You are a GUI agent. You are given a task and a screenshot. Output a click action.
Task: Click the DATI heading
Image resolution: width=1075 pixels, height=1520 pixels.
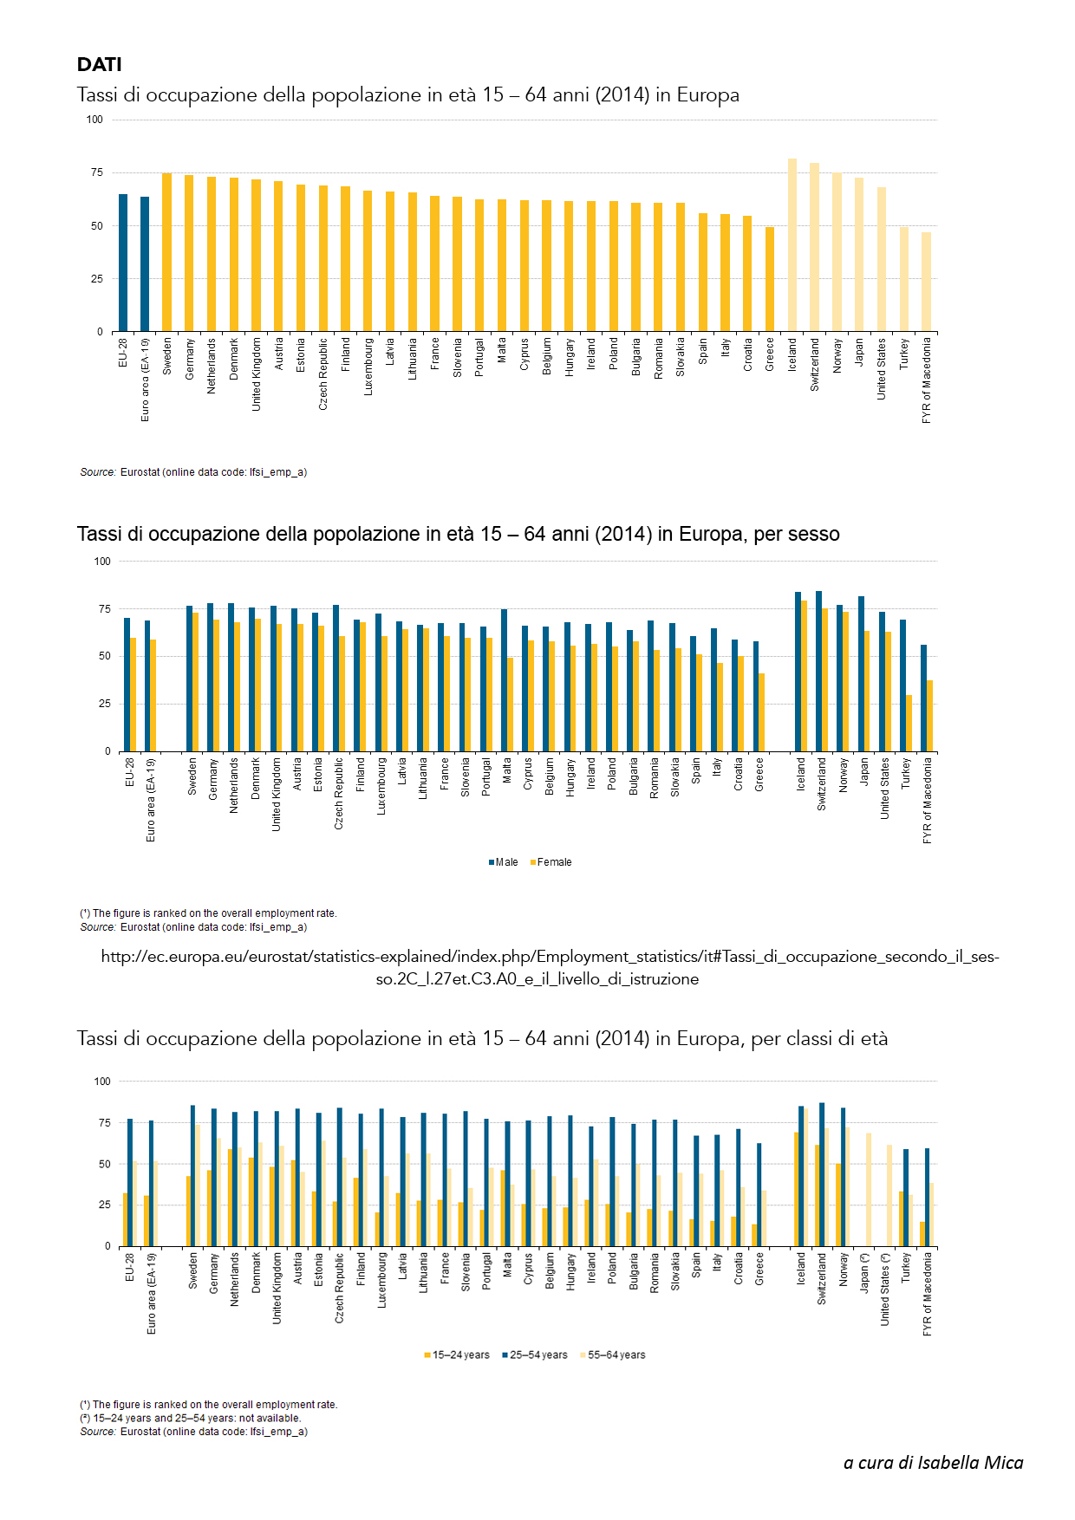point(99,65)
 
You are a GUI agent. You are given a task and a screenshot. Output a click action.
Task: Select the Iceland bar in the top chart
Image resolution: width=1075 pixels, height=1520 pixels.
point(792,245)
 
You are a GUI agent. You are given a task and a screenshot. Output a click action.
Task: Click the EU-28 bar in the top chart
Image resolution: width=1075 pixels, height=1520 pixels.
point(123,263)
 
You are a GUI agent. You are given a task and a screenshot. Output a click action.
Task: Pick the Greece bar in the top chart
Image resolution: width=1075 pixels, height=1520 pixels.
point(770,279)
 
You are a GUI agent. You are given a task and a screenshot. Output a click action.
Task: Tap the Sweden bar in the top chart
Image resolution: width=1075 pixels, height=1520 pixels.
point(167,252)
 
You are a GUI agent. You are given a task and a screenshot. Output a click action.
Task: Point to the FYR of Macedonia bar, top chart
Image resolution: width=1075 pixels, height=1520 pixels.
point(926,282)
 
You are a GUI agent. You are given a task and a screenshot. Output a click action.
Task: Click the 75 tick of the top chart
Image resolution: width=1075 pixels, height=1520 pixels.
point(96,172)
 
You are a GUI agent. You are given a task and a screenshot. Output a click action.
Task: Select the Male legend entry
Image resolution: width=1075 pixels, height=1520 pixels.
point(504,862)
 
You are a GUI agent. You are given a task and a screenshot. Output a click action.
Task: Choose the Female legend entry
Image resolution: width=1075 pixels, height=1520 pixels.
point(551,862)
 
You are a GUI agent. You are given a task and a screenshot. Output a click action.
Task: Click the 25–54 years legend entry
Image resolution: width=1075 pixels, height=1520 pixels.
point(535,1355)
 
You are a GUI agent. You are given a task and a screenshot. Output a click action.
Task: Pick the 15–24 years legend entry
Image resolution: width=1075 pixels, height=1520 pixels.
point(457,1355)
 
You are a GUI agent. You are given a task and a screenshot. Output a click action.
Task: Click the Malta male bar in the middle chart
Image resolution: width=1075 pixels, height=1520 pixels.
point(504,680)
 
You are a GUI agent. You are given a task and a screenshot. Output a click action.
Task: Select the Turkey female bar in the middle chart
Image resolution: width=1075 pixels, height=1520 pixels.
point(909,723)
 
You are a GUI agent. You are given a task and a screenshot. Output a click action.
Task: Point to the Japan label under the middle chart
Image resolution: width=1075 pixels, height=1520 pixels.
point(864,771)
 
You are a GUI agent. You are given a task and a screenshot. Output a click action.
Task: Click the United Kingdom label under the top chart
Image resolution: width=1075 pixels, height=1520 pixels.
point(257,374)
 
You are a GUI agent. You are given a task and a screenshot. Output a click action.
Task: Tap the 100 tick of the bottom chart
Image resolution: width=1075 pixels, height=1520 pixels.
point(102,1082)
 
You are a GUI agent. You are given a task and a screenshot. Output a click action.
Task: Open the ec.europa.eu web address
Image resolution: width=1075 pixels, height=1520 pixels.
point(550,968)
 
